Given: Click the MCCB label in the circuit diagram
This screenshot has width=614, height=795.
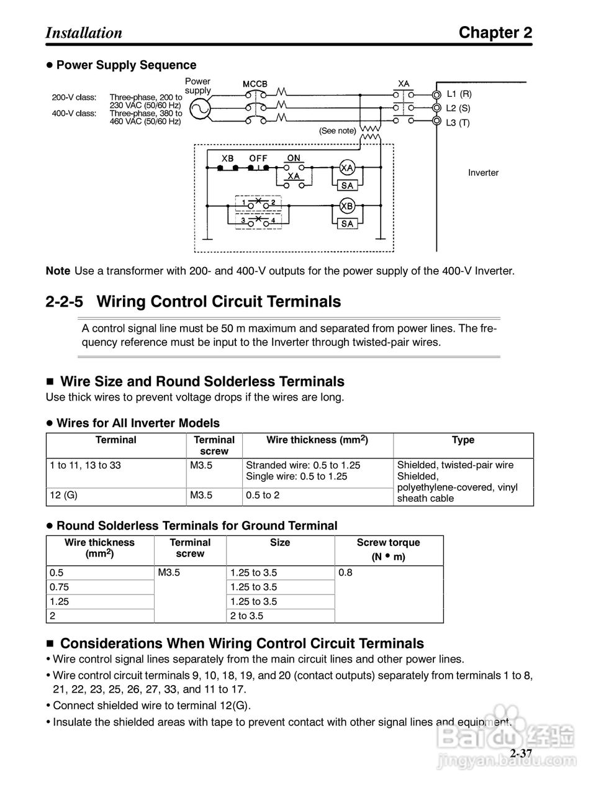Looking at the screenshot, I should [255, 83].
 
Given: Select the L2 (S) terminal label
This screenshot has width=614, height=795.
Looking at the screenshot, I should [458, 108].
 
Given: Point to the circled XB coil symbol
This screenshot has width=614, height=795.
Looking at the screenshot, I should [347, 206].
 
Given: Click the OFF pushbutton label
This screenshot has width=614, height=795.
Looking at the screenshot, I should [258, 158].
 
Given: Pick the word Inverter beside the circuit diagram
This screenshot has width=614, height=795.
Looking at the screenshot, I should [483, 173].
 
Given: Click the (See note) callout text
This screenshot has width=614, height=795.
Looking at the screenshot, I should [338, 131].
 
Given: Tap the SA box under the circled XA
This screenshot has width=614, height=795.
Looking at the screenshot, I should [347, 185].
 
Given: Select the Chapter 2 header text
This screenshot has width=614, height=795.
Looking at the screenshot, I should [495, 33].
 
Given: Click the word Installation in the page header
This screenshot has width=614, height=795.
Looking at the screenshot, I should [84, 33].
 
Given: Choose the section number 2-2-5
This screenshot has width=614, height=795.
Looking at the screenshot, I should [66, 302].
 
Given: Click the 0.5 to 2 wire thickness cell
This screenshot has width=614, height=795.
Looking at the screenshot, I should [263, 495].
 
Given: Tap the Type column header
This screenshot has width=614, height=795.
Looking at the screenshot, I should [463, 440].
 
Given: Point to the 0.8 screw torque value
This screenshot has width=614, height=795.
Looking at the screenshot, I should [345, 572].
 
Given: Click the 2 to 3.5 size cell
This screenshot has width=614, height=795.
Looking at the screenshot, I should [246, 616].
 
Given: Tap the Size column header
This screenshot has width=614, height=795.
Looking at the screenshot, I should [280, 542].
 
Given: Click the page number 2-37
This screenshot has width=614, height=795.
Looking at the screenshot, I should [521, 753].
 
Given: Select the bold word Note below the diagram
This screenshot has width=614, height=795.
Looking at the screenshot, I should [58, 271].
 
